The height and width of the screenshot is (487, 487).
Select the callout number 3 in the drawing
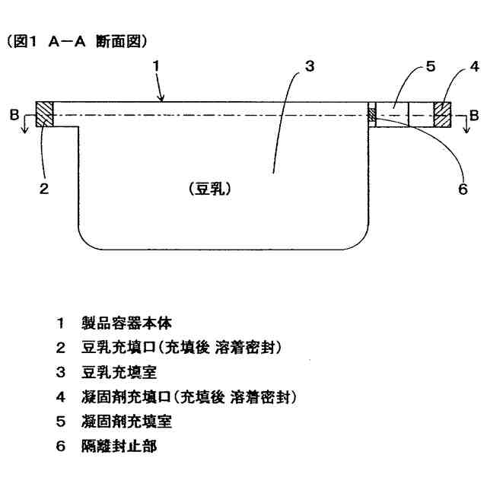click(x=308, y=65)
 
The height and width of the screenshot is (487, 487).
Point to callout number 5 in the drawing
click(x=430, y=66)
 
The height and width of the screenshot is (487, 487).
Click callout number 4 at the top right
click(x=473, y=66)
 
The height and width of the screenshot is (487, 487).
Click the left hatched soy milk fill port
click(x=45, y=115)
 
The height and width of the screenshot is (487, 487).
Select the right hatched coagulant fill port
click(x=442, y=115)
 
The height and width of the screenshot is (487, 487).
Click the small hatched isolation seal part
click(x=372, y=115)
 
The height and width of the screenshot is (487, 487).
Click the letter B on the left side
click(x=25, y=116)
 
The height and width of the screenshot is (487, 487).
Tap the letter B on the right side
click(x=474, y=116)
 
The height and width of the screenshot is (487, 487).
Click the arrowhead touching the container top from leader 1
click(x=162, y=99)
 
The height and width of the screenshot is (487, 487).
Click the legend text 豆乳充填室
click(x=113, y=372)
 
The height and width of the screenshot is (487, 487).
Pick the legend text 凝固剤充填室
click(x=119, y=422)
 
